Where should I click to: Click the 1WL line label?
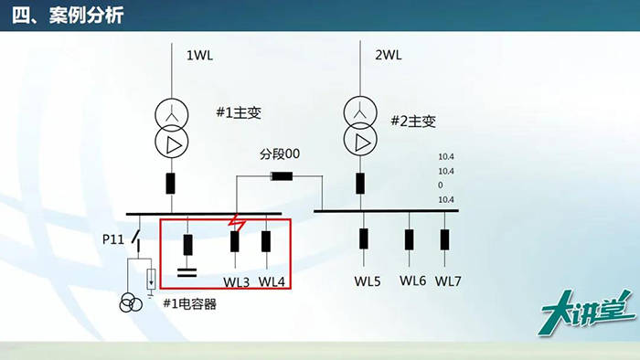click(x=200, y=56)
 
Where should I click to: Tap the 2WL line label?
click(x=389, y=56)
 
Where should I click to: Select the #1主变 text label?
click(x=239, y=113)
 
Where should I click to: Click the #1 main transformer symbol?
click(x=170, y=128)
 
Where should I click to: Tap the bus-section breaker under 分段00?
click(x=280, y=176)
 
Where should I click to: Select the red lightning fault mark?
click(x=240, y=223)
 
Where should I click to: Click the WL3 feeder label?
click(x=235, y=281)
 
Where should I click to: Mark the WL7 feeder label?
click(x=448, y=281)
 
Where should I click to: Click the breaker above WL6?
click(x=409, y=239)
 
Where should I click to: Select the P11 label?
click(x=112, y=239)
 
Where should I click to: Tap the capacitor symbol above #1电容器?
click(x=187, y=270)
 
